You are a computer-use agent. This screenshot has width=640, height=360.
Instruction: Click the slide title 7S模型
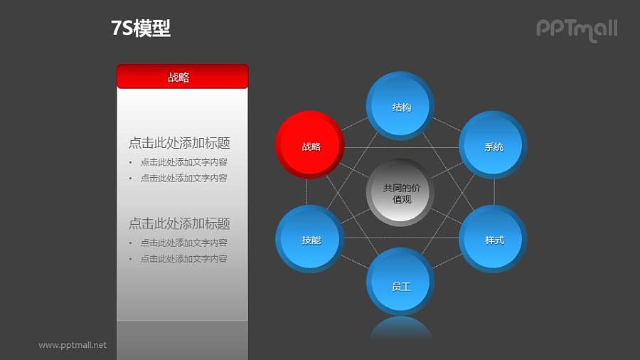(x=141, y=28)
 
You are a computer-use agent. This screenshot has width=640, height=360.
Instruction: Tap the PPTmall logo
(x=576, y=29)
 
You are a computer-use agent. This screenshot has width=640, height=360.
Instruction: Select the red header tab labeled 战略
(x=182, y=77)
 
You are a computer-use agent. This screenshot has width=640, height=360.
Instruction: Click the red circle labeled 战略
(x=310, y=146)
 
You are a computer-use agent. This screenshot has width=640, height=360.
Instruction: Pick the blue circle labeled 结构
(x=401, y=106)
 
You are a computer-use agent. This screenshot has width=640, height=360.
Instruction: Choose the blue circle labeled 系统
(x=494, y=146)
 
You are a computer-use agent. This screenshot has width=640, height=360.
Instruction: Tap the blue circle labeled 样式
(x=494, y=240)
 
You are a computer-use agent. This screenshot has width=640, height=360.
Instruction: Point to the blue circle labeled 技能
(x=310, y=240)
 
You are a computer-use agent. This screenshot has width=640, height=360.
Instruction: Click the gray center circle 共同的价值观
(x=401, y=193)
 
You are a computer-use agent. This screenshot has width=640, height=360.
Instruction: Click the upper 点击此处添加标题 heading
(x=179, y=143)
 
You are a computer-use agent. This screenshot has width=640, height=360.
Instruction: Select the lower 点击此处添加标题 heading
(x=179, y=223)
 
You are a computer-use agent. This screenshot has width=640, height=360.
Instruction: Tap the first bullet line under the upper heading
(x=183, y=162)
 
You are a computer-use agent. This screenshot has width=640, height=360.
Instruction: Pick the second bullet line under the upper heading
(x=183, y=178)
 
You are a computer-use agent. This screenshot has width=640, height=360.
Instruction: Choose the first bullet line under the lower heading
(x=183, y=243)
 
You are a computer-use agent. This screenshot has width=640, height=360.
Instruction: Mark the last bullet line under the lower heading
(x=183, y=259)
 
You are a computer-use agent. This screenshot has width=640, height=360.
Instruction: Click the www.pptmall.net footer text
(x=73, y=345)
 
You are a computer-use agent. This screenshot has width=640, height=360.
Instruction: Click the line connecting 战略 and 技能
(x=306, y=192)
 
